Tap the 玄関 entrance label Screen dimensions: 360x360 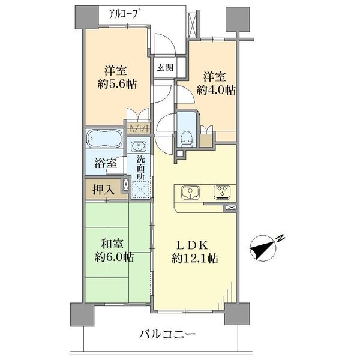click(x=166, y=68)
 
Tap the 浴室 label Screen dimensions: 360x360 click(x=106, y=162)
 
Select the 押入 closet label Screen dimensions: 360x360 click(x=103, y=190)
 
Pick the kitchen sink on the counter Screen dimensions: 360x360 click(x=190, y=193)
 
